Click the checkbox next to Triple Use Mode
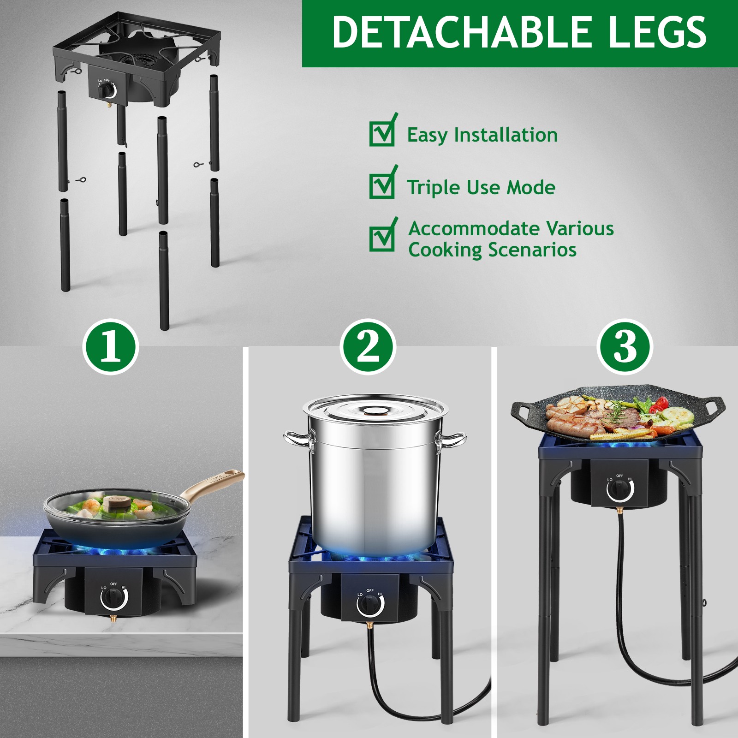point(382,185)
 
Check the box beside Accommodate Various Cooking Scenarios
point(382,238)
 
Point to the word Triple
point(433,188)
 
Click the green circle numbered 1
point(111,347)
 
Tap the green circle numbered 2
point(368,347)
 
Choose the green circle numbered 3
point(625,347)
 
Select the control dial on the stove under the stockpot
point(370,604)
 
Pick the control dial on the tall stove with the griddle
point(620,489)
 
